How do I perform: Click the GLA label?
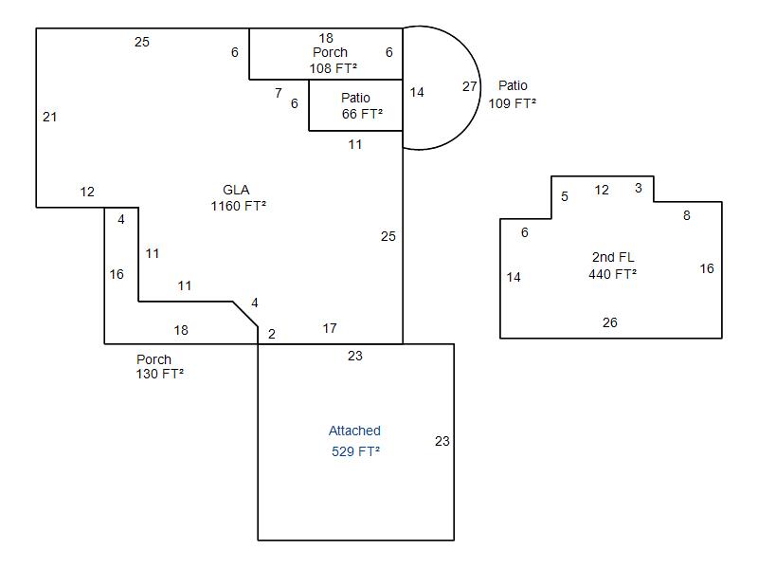click(236, 191)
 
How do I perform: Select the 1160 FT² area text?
click(238, 206)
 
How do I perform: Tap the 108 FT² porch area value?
click(333, 68)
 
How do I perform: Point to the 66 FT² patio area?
click(362, 114)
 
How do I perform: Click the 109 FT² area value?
click(512, 103)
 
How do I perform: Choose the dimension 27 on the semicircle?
click(470, 86)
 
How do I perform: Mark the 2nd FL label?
click(613, 257)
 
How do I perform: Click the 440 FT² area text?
click(612, 274)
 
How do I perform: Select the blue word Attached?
click(354, 431)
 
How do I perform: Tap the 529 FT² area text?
click(355, 451)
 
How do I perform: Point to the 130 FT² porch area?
click(159, 374)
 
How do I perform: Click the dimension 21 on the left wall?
click(50, 117)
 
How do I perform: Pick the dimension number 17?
click(330, 328)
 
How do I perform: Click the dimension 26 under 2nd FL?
click(610, 322)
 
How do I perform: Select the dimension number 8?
click(687, 215)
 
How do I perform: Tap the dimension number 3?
click(639, 188)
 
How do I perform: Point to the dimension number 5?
click(565, 196)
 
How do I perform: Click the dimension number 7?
click(279, 93)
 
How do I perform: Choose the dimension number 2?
click(272, 334)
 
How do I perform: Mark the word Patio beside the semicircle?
click(513, 86)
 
